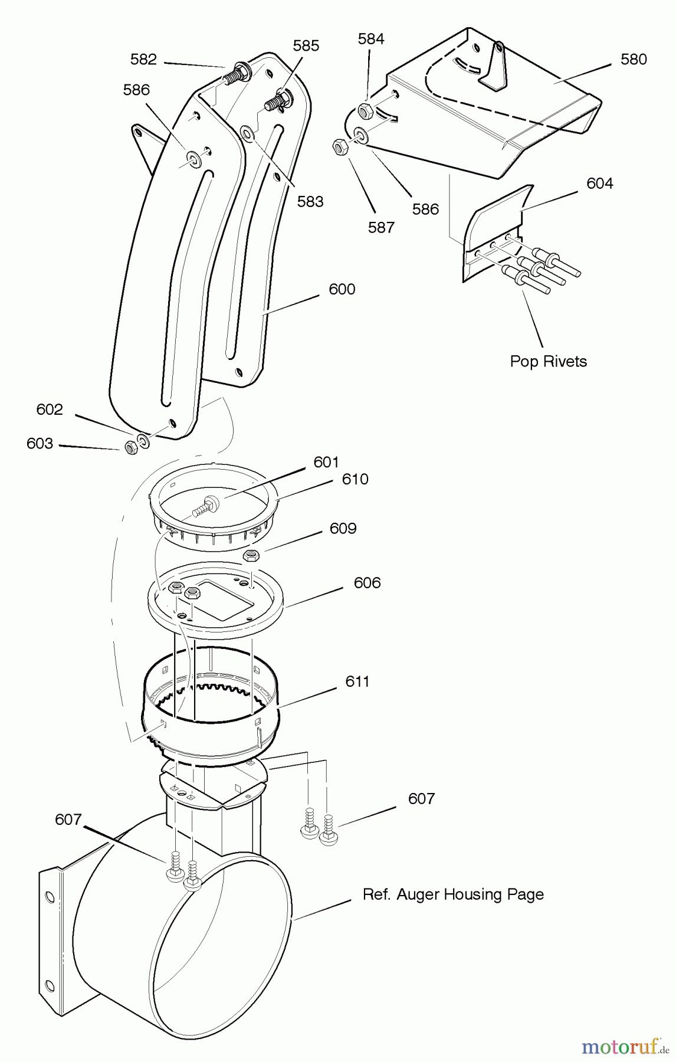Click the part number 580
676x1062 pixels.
pos(634,59)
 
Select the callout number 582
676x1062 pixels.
pos(143,59)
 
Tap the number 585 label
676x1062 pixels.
pos(306,45)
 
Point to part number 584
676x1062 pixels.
pos(371,38)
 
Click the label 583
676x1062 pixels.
pos(310,202)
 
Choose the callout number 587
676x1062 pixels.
pos(381,227)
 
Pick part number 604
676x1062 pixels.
pos(600,183)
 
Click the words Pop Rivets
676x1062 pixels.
pos(549,361)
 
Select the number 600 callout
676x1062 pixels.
pos(342,289)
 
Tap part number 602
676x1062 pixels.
pos(50,409)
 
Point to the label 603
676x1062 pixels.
pos(40,443)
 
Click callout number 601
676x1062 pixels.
pos(326,462)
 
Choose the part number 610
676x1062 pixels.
pos(355,479)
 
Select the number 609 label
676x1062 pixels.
pos(343,528)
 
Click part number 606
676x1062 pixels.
pos(367,583)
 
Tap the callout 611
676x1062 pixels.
pos(357,681)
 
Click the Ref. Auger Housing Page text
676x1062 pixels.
pos(453,894)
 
